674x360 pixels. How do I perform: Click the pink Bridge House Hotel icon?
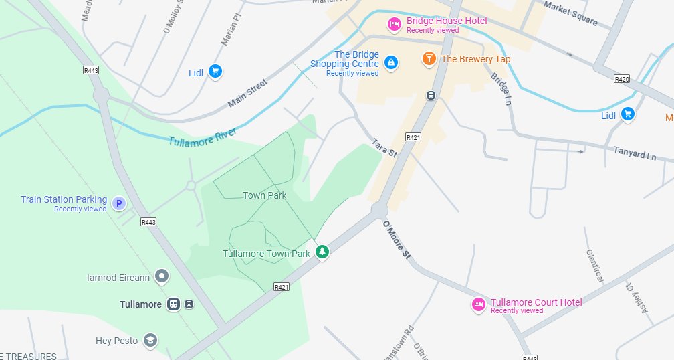pyautogui.click(x=395, y=25)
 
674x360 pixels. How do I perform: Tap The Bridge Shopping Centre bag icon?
pyautogui.click(x=391, y=63)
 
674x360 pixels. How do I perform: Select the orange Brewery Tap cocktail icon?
pyautogui.click(x=429, y=59)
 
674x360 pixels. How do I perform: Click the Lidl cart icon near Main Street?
pyautogui.click(x=215, y=71)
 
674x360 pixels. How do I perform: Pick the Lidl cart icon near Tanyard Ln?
pyautogui.click(x=627, y=115)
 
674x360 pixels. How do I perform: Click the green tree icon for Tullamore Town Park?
pyautogui.click(x=322, y=252)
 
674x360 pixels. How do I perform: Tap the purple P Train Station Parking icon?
pyautogui.click(x=119, y=203)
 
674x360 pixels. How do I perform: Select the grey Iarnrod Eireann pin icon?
pyautogui.click(x=161, y=276)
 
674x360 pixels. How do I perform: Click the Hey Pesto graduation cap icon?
pyautogui.click(x=150, y=341)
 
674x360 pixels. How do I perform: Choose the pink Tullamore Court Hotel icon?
pyautogui.click(x=478, y=304)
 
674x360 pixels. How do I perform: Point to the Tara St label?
pyautogui.click(x=384, y=149)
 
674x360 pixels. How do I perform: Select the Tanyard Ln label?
pyautogui.click(x=635, y=153)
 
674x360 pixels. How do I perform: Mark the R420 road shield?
pyautogui.click(x=622, y=79)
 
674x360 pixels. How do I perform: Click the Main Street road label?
pyautogui.click(x=247, y=93)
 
